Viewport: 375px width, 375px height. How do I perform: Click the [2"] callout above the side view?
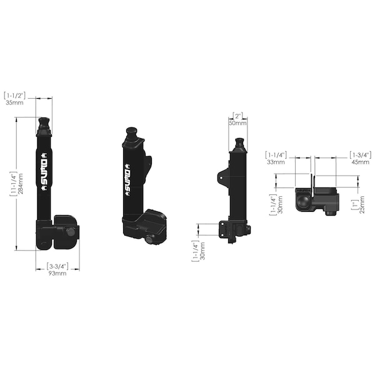tap(238, 116)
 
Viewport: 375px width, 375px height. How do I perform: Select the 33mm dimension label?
tap(275, 161)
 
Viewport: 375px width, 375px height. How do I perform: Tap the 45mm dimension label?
tap(360, 161)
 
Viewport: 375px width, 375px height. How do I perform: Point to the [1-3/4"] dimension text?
tap(361, 154)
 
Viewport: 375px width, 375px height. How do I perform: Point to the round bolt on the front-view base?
tap(71, 232)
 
